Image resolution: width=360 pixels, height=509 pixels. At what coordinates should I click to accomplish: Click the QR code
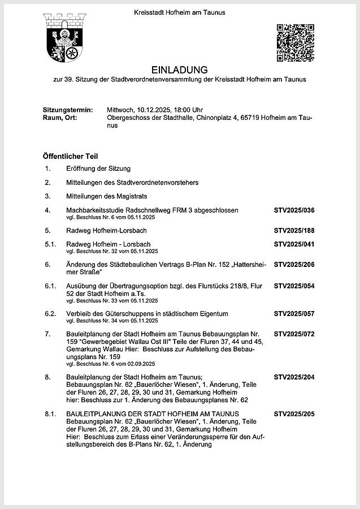pyautogui.click(x=295, y=42)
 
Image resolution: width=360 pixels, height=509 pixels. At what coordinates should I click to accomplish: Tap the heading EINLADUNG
pyautogui.click(x=179, y=70)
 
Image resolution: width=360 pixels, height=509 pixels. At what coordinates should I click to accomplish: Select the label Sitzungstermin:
pyautogui.click(x=67, y=110)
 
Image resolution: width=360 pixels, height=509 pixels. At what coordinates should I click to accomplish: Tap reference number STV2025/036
pyautogui.click(x=294, y=210)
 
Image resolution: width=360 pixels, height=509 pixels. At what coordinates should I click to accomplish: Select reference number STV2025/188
pyautogui.click(x=294, y=231)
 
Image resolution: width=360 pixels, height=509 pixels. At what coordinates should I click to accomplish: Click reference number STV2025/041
pyautogui.click(x=294, y=244)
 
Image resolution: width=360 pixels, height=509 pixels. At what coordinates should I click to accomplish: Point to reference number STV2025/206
pyautogui.click(x=294, y=265)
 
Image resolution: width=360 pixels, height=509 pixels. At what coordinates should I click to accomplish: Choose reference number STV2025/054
pyautogui.click(x=294, y=286)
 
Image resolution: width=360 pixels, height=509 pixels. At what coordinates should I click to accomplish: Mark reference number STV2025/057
pyautogui.click(x=294, y=313)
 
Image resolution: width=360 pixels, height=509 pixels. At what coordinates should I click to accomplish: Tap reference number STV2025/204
pyautogui.click(x=294, y=377)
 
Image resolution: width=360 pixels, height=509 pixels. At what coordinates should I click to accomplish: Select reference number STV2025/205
pyautogui.click(x=294, y=415)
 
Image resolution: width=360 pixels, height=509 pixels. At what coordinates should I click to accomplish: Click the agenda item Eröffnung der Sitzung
pyautogui.click(x=98, y=169)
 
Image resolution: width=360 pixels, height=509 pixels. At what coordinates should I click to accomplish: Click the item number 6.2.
pyautogui.click(x=50, y=313)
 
